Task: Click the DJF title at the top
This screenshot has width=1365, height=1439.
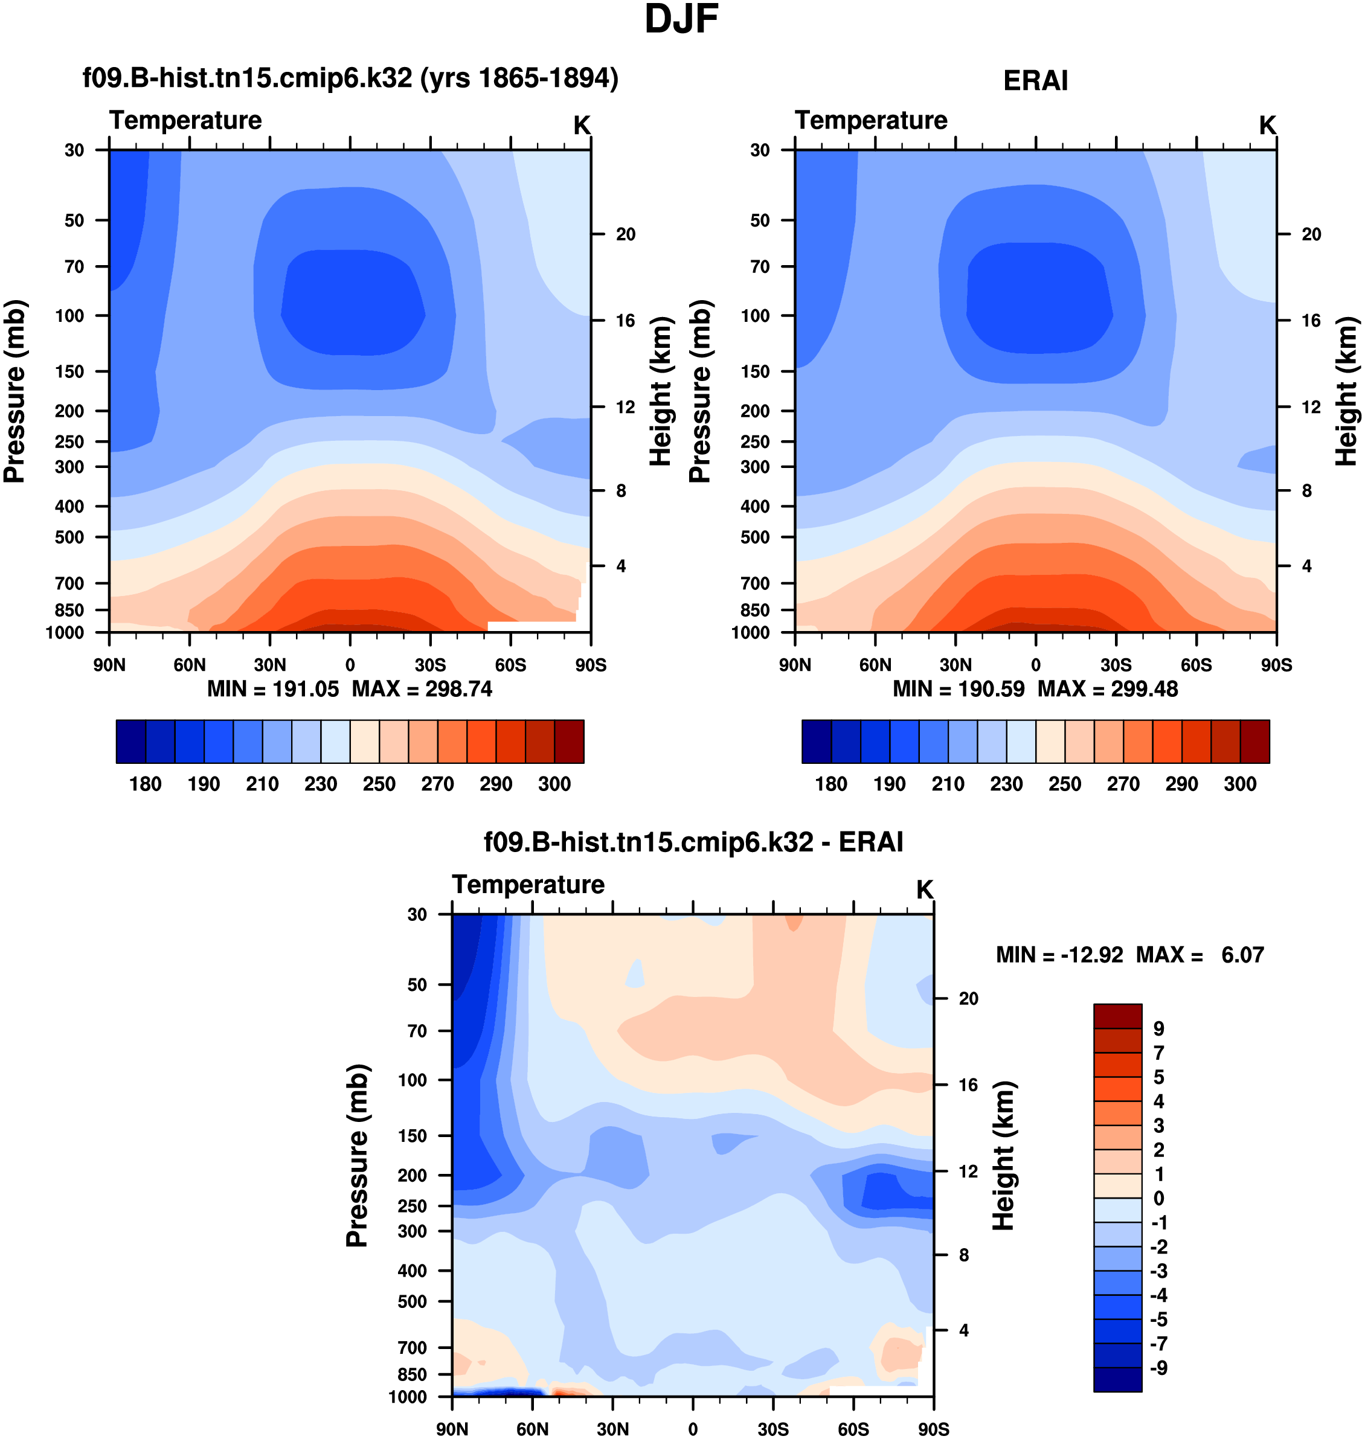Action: click(x=681, y=21)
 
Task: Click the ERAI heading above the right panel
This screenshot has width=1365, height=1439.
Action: click(x=1035, y=81)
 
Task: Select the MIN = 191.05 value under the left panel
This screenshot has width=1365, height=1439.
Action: click(x=273, y=689)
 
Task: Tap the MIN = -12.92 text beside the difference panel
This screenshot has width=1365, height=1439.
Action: click(x=1059, y=955)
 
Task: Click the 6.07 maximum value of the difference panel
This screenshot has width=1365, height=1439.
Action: click(x=1242, y=955)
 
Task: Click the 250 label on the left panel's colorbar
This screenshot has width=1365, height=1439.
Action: click(x=379, y=784)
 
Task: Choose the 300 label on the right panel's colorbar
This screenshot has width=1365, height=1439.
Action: click(x=1240, y=784)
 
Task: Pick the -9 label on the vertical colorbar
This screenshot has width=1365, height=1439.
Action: click(x=1158, y=1368)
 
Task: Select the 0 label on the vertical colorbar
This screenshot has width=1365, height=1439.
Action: click(x=1158, y=1198)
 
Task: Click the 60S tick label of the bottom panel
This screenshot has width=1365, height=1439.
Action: click(x=853, y=1429)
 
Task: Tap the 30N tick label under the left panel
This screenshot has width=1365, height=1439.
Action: click(x=270, y=665)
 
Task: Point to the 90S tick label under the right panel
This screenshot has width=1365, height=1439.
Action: click(x=1276, y=665)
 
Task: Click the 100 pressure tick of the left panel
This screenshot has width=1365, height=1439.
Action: click(x=70, y=316)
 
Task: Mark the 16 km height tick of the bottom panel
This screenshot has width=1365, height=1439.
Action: click(x=968, y=1085)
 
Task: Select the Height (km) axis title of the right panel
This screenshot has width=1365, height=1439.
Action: click(x=1347, y=391)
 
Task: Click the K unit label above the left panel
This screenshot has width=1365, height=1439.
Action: click(x=582, y=126)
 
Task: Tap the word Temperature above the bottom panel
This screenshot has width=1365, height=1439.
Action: click(x=528, y=885)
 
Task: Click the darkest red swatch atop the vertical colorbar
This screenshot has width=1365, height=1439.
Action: click(x=1117, y=1016)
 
